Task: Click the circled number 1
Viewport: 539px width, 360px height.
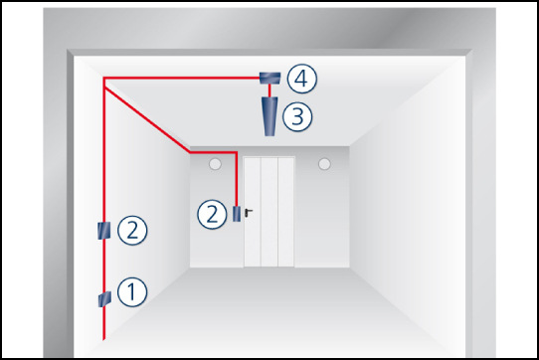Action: [x=132, y=292]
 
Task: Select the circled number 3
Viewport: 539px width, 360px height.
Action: [x=297, y=116]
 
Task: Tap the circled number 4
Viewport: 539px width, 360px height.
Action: [x=301, y=79]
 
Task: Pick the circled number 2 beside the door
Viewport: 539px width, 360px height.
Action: [x=212, y=214]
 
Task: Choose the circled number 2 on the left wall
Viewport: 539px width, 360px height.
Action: [x=132, y=230]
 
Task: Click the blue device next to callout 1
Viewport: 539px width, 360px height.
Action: [x=104, y=299]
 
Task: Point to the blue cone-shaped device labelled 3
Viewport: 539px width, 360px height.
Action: [x=269, y=116]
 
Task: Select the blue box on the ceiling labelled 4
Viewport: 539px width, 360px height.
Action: [x=269, y=78]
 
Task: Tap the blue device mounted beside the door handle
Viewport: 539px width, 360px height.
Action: [x=237, y=214]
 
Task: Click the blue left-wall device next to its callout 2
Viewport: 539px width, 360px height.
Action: [x=104, y=231]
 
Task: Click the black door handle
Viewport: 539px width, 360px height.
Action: [x=249, y=213]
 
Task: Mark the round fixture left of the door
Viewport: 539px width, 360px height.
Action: [x=215, y=164]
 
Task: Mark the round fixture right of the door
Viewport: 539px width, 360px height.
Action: [x=324, y=164]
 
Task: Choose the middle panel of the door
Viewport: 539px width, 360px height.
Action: [x=269, y=212]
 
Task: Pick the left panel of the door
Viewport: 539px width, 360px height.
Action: [x=253, y=212]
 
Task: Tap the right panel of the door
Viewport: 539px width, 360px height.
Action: [x=286, y=212]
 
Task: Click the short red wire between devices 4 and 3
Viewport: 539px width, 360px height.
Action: [x=269, y=90]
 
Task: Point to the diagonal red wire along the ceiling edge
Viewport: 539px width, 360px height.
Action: [x=147, y=119]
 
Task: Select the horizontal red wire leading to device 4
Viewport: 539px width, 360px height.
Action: [x=181, y=78]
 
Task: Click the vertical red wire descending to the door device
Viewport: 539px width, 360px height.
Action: [x=237, y=179]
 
